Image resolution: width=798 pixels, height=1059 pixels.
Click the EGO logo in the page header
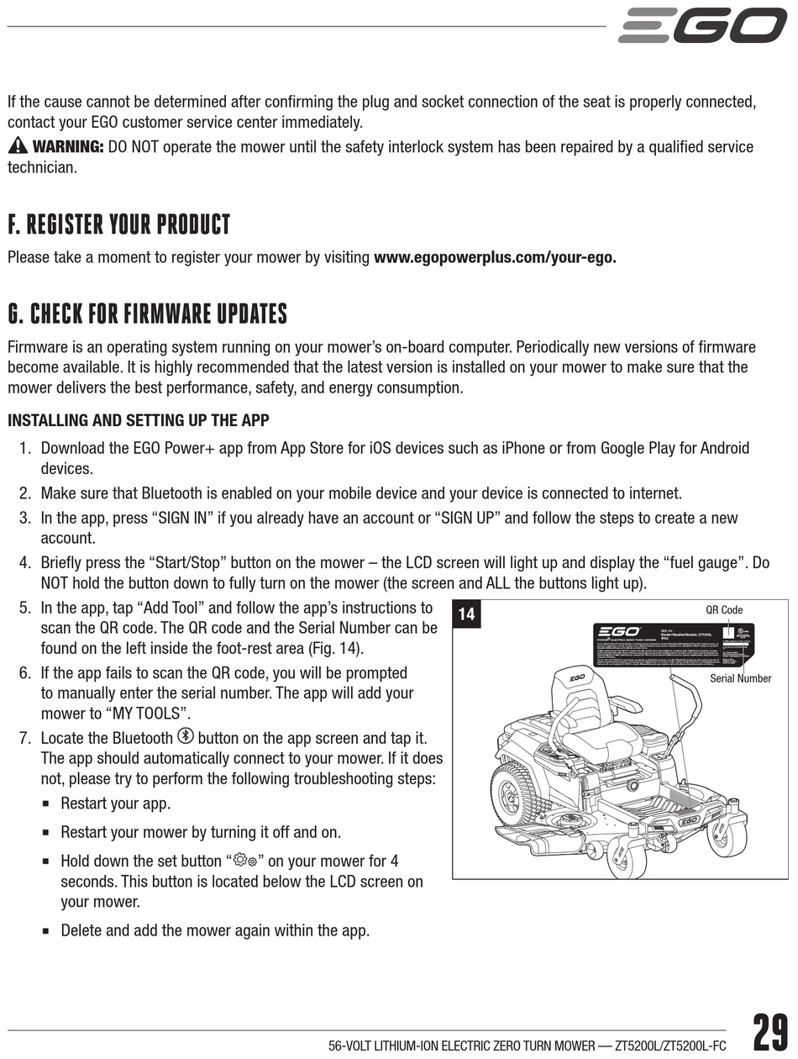click(x=702, y=26)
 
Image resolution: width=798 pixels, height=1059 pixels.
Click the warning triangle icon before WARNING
click(x=18, y=146)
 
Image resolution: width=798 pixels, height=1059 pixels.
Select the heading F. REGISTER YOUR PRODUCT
click(x=118, y=225)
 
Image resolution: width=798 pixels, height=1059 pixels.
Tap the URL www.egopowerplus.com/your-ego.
click(x=495, y=257)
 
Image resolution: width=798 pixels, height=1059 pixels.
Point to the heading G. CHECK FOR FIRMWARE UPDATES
click(x=147, y=314)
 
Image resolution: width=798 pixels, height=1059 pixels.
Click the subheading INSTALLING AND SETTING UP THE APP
click(x=139, y=420)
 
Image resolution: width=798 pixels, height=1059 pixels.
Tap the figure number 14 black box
click(x=466, y=614)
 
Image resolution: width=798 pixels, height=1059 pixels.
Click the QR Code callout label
click(x=723, y=610)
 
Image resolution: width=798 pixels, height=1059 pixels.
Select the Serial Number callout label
click(x=740, y=678)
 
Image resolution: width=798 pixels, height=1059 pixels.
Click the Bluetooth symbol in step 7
click(x=186, y=737)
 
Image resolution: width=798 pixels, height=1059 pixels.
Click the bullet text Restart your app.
click(x=115, y=803)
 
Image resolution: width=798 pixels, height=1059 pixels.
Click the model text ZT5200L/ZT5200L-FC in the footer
click(x=670, y=1046)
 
